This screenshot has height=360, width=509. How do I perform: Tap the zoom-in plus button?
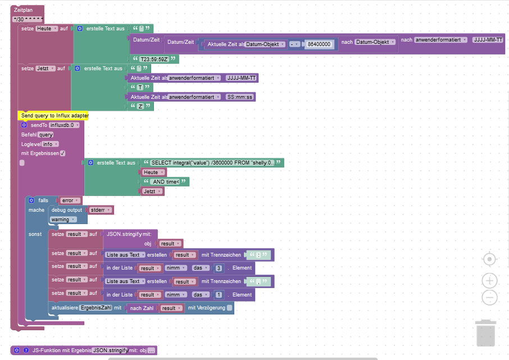(489, 280)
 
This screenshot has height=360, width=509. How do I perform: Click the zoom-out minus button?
(489, 297)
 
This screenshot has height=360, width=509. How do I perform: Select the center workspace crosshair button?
(489, 259)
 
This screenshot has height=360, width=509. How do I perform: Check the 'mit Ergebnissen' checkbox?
(63, 153)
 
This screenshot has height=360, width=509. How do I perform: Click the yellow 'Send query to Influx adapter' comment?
(54, 115)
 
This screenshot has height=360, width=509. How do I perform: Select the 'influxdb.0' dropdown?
(62, 125)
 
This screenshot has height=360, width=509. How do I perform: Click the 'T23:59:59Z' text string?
(154, 59)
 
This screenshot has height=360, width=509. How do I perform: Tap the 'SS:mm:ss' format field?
(240, 97)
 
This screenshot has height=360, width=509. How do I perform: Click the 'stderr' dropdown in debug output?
(99, 210)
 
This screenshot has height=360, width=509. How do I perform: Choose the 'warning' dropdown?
(62, 220)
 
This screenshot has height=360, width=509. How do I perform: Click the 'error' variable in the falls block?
(69, 200)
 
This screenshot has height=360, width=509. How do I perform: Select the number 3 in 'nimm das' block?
(218, 268)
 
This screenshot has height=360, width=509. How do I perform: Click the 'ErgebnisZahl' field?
(96, 308)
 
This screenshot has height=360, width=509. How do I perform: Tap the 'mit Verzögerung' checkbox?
(229, 308)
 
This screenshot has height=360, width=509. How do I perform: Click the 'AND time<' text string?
(166, 181)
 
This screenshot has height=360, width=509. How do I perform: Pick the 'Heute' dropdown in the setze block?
(46, 28)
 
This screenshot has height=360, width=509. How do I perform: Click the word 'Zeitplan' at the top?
(24, 10)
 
